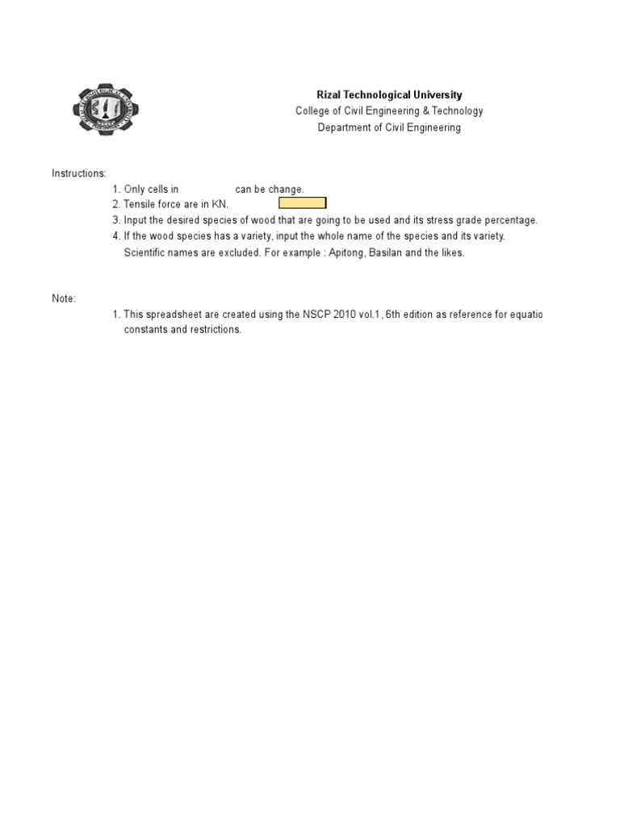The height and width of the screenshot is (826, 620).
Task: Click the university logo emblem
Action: tap(107, 111)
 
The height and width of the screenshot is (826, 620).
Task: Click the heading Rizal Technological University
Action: tap(389, 95)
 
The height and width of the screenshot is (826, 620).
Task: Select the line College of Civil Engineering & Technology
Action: tap(389, 111)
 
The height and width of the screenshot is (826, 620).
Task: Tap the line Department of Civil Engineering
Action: tap(389, 127)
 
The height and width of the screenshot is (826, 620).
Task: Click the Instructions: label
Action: tap(79, 173)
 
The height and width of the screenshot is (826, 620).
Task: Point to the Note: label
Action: tap(64, 298)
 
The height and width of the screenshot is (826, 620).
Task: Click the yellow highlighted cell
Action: tap(303, 203)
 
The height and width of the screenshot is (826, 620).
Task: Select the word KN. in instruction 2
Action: tap(220, 205)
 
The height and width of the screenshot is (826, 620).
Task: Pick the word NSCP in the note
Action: tap(315, 315)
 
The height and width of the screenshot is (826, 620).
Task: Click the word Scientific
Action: tap(145, 252)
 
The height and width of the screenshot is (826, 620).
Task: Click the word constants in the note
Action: tap(145, 331)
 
